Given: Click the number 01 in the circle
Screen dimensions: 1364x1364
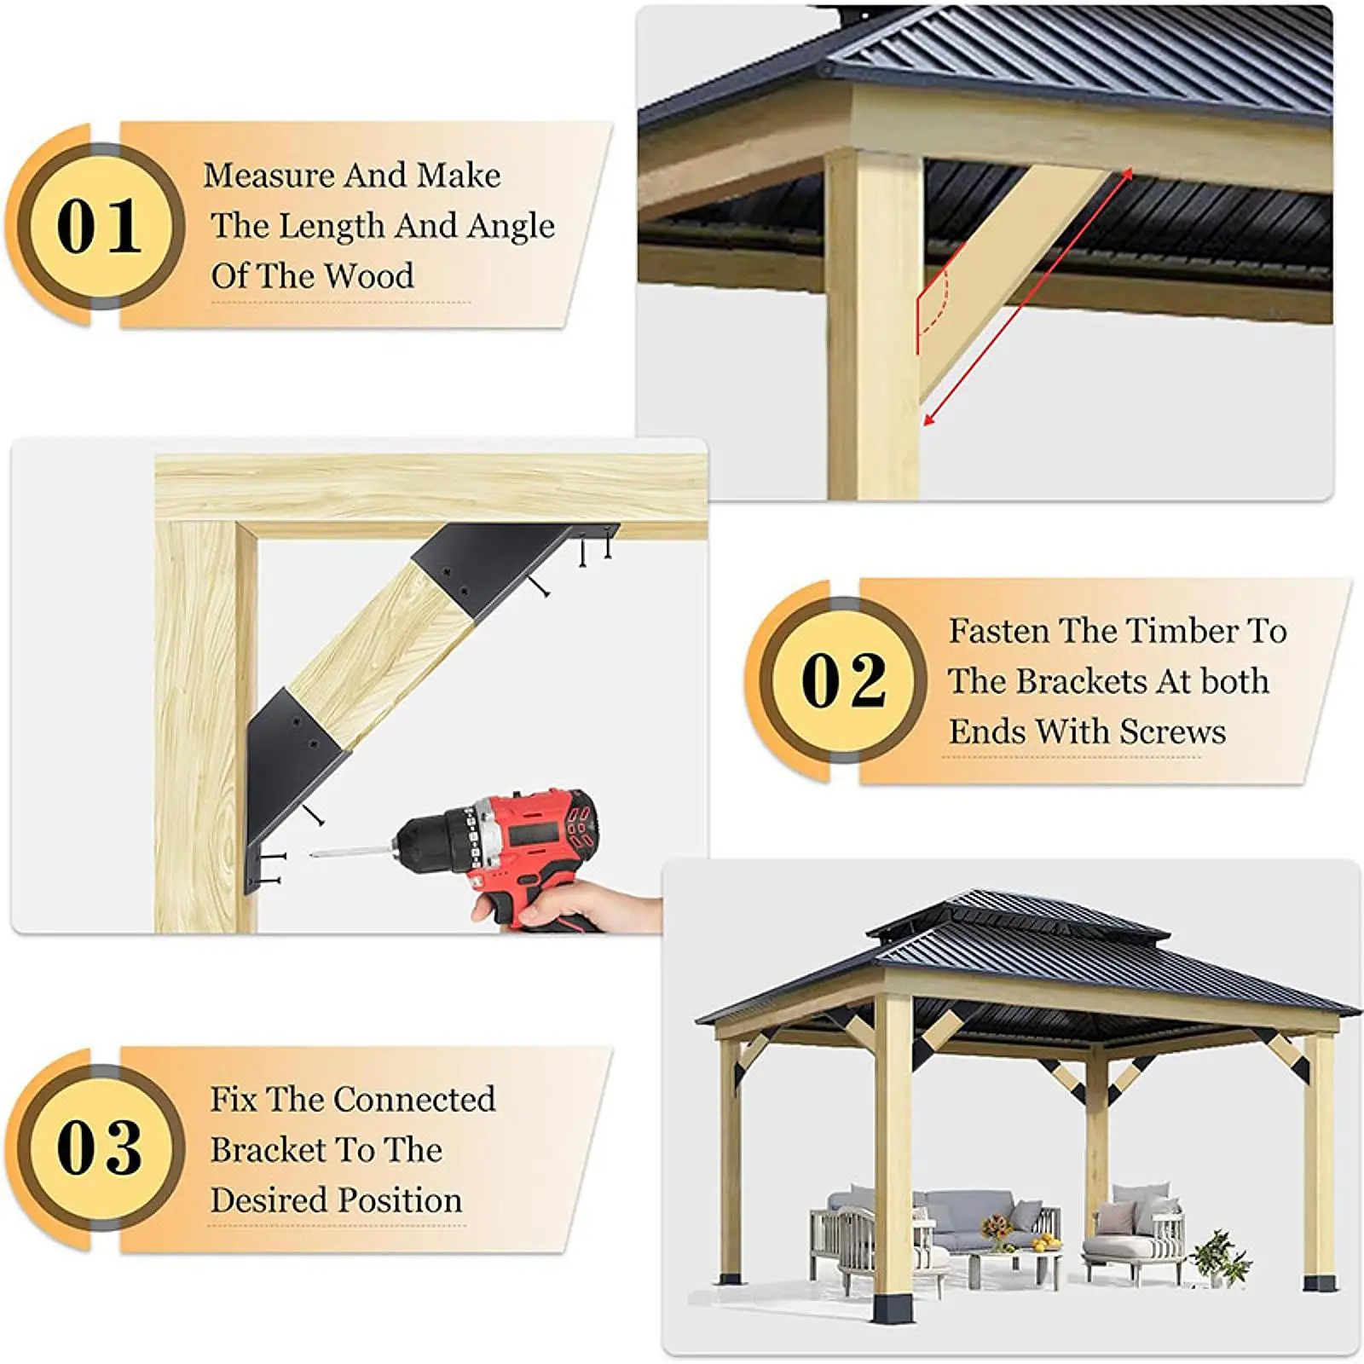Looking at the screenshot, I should pyautogui.click(x=99, y=227).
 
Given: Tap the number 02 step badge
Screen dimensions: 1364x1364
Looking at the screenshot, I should pyautogui.click(x=843, y=681).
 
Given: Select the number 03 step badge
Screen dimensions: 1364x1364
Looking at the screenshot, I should pyautogui.click(x=99, y=1147).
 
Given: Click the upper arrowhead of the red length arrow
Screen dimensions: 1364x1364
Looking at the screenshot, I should pyautogui.click(x=1127, y=174).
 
